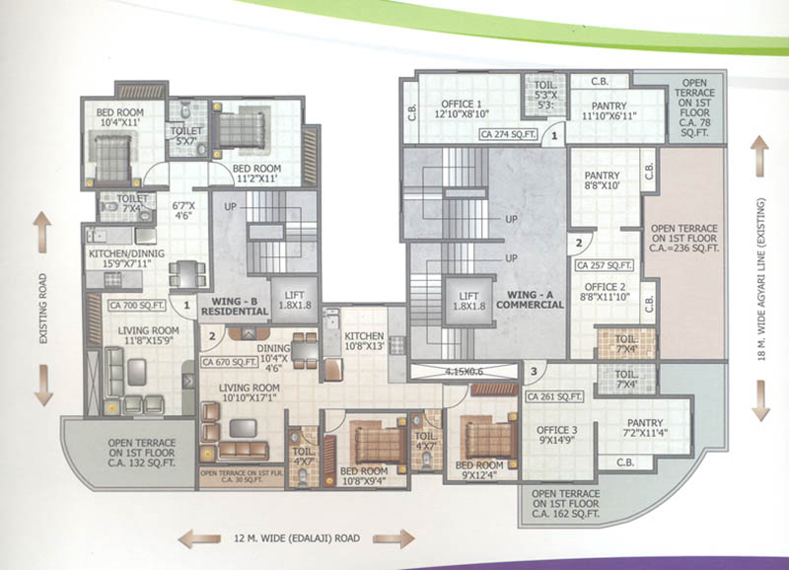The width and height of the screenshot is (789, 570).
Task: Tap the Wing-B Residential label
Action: pos(236,304)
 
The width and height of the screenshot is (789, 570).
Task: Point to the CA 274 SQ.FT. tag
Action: pos(509,132)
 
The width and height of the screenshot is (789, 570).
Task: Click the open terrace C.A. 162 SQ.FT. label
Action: pos(565,502)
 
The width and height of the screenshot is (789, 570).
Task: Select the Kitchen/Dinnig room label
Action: pos(125,258)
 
